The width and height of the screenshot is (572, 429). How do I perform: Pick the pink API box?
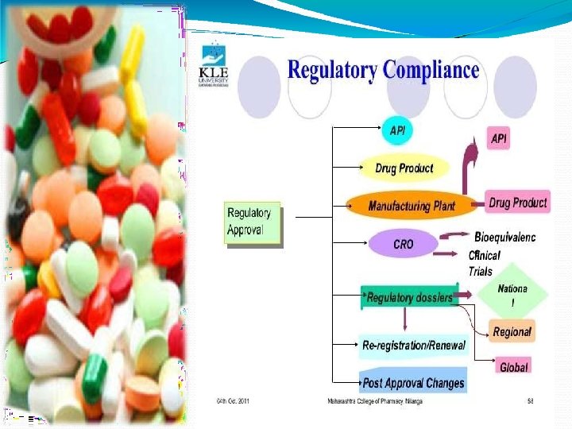coord(499,139)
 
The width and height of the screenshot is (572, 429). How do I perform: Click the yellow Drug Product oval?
coord(404,168)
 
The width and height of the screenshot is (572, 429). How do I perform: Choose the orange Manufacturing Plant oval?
coord(412,206)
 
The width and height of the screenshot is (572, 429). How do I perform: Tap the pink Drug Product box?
coord(517,203)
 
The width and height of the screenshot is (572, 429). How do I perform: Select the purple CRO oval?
coord(404,244)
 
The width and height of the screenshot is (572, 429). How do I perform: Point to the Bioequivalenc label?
coord(504,238)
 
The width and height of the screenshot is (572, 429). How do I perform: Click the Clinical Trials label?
coord(485,263)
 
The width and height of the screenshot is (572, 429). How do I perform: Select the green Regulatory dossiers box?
coord(410,298)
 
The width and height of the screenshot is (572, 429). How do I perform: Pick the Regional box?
coord(512,331)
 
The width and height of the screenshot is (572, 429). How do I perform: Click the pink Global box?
coord(514,367)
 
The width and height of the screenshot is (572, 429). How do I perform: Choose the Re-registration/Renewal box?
coord(413,346)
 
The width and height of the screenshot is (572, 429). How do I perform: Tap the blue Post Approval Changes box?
coord(413,383)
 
